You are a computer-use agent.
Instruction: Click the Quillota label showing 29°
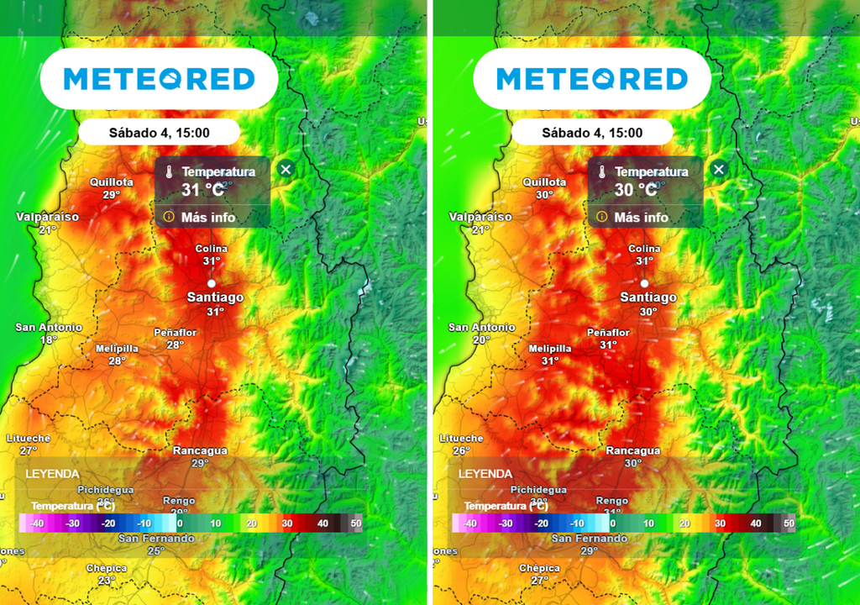pyautogui.click(x=112, y=188)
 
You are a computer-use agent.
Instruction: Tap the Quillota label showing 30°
pyautogui.click(x=544, y=188)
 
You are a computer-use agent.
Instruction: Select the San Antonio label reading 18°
pyautogui.click(x=49, y=334)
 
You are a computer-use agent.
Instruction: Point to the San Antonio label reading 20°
pyautogui.click(x=481, y=334)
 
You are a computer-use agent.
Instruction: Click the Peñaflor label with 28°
pyautogui.click(x=175, y=339)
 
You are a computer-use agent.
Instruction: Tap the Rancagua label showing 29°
pyautogui.click(x=200, y=457)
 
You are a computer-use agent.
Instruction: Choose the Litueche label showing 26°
pyautogui.click(x=461, y=445)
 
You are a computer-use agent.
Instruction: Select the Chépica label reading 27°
pyautogui.click(x=539, y=574)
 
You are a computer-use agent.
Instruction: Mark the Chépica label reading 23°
pyautogui.click(x=107, y=574)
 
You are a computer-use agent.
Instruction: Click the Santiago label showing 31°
pyautogui.click(x=216, y=303)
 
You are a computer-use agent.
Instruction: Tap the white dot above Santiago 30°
pyautogui.click(x=644, y=283)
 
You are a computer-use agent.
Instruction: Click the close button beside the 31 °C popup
pyautogui.click(x=286, y=170)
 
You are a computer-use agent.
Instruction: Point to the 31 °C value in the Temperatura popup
pyautogui.click(x=204, y=190)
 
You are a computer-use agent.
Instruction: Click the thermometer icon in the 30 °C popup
pyautogui.click(x=601, y=171)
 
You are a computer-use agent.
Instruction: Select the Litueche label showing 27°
pyautogui.click(x=29, y=445)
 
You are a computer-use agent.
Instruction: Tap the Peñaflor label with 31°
pyautogui.click(x=608, y=339)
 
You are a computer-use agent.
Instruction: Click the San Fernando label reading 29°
pyautogui.click(x=589, y=544)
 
